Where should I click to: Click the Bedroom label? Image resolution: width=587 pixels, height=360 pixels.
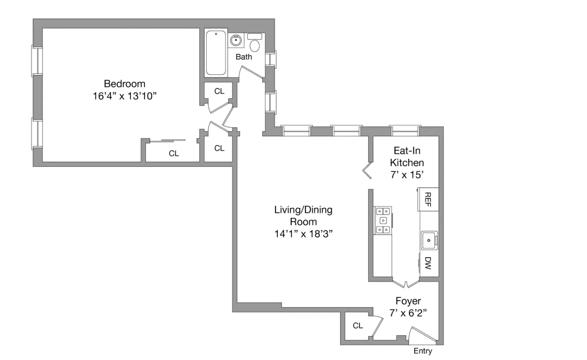[x=124, y=84]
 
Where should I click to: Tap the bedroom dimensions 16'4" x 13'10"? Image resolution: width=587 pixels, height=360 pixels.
[x=124, y=96]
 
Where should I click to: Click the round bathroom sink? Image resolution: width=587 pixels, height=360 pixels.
[x=236, y=41]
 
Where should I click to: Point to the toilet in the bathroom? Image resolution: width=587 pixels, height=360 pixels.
[x=254, y=44]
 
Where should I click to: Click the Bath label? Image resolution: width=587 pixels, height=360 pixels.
[x=244, y=57]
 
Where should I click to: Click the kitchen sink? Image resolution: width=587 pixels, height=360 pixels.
[x=429, y=240]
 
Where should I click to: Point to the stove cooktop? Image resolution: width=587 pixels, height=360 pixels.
[x=383, y=220]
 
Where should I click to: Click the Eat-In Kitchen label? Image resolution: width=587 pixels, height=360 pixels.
[x=407, y=156]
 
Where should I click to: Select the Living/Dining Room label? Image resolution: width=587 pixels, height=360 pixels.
[x=303, y=215]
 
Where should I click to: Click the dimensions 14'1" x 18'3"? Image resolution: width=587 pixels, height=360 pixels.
[x=303, y=234]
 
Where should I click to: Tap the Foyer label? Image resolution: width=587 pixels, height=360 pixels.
[x=408, y=301]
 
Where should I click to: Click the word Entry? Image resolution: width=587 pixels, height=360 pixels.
[x=423, y=351]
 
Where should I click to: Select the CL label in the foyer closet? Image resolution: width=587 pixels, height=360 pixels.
[x=358, y=325]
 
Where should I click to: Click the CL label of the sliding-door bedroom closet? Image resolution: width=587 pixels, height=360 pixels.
[x=174, y=153]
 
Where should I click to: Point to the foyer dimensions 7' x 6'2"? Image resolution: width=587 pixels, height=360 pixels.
[x=408, y=313]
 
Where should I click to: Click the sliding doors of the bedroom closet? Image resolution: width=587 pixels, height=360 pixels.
[x=167, y=140]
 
